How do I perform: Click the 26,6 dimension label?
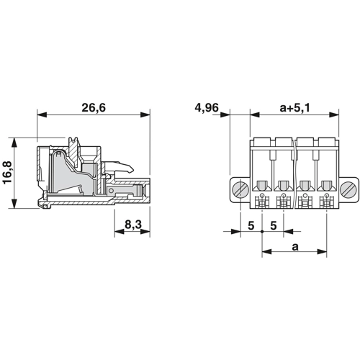click(94, 107)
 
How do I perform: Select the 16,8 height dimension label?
click(7, 173)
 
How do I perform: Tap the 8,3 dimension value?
click(133, 225)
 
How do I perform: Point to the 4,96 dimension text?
click(207, 107)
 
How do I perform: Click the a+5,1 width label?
click(295, 108)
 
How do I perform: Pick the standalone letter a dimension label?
click(295, 246)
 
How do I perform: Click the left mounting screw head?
click(240, 189)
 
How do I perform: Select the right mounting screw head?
click(348, 189)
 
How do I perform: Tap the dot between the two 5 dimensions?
click(262, 232)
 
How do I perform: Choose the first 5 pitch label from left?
click(251, 225)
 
